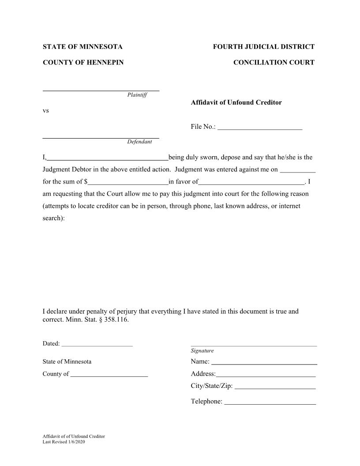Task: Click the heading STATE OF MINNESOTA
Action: point(82,47)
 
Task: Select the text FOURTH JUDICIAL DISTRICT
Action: point(263,47)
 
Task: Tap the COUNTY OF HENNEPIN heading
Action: point(83,63)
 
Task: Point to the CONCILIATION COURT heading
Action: point(274,63)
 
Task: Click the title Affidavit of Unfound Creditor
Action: point(236,102)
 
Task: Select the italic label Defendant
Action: point(139,142)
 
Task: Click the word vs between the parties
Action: point(45,111)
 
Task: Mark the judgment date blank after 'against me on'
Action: point(298,169)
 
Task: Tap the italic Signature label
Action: point(202,351)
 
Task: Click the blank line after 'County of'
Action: point(109,374)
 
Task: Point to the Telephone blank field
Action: point(270,402)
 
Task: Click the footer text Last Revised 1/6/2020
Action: point(64,442)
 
